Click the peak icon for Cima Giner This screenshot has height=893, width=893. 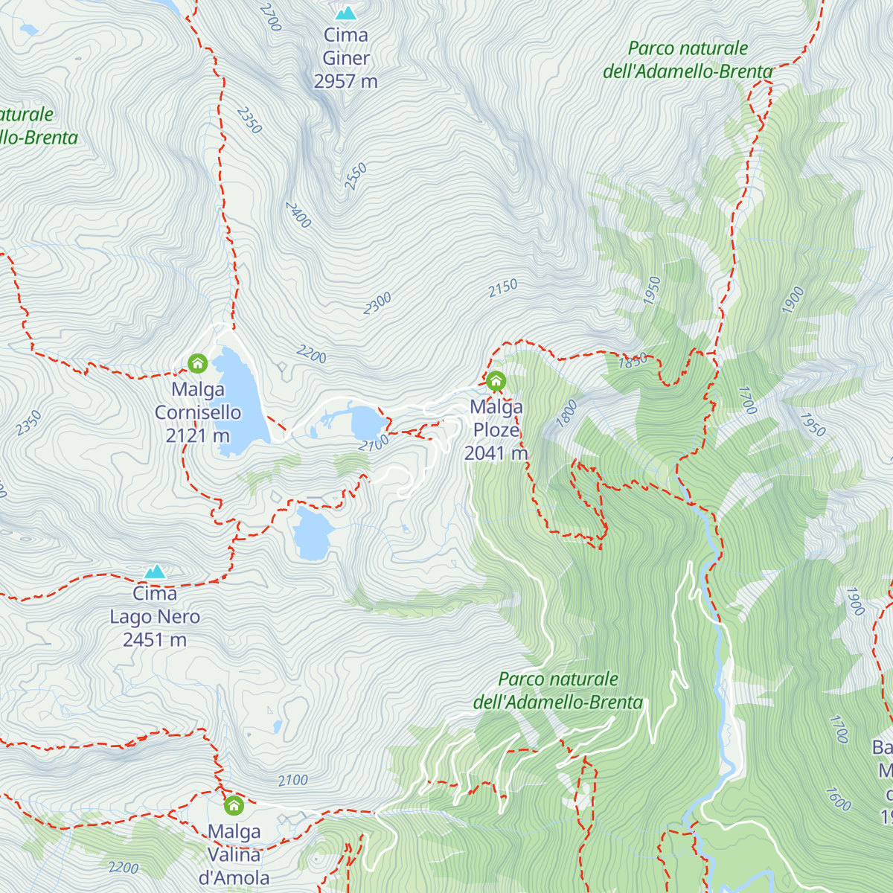[x=345, y=13]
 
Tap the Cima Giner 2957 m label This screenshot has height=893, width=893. [x=345, y=58]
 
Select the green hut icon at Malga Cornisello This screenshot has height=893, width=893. [x=197, y=363]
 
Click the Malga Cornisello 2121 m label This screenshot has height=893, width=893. [x=197, y=412]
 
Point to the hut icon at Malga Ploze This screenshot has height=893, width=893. [x=496, y=382]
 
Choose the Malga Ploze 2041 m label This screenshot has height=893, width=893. [x=496, y=430]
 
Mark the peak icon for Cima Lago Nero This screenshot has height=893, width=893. [x=155, y=572]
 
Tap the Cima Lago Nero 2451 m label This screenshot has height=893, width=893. [x=155, y=617]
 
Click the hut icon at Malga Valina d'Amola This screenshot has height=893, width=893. [x=234, y=805]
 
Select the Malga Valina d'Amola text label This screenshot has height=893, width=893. [x=234, y=854]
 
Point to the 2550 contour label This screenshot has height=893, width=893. [x=356, y=176]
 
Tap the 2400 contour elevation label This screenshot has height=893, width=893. [x=298, y=215]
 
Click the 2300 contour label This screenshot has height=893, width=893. [x=377, y=304]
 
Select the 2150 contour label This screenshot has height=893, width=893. [x=503, y=289]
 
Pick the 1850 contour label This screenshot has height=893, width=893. [x=633, y=362]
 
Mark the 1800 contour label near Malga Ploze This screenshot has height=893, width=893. [x=567, y=413]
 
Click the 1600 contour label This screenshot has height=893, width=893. [x=839, y=799]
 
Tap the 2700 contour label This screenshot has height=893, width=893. [x=271, y=16]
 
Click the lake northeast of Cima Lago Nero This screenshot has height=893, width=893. [x=311, y=534]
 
